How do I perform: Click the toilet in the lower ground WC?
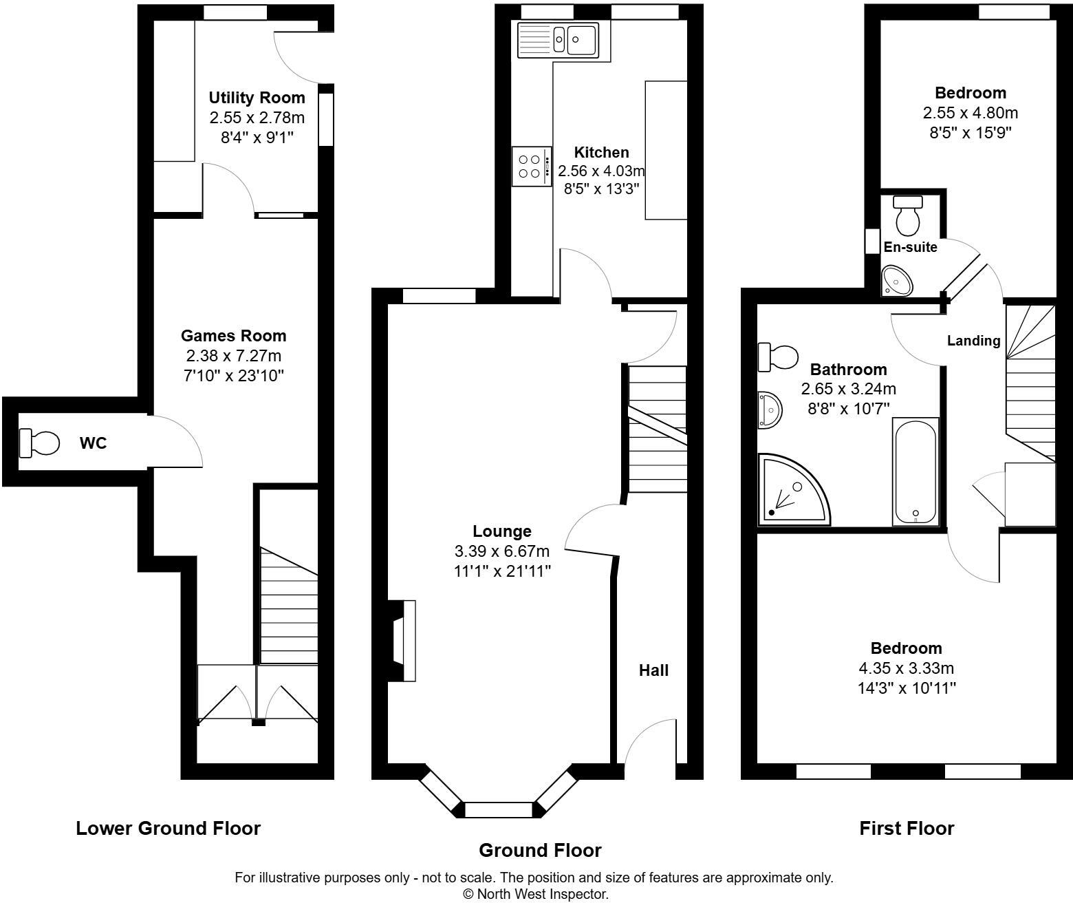pyautogui.click(x=39, y=443)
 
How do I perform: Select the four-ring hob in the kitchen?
pyautogui.click(x=531, y=166)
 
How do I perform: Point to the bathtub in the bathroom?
pyautogui.click(x=915, y=471)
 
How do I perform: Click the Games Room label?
pyautogui.click(x=233, y=336)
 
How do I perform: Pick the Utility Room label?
pyautogui.click(x=257, y=98)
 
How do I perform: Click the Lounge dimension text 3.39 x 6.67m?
pyautogui.click(x=501, y=551)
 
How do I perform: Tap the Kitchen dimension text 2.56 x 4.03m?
pyautogui.click(x=601, y=171)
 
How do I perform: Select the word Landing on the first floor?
pyautogui.click(x=973, y=341)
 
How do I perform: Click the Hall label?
pyautogui.click(x=653, y=670)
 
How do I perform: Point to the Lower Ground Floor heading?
pyautogui.click(x=168, y=828)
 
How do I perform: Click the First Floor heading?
pyautogui.click(x=907, y=828)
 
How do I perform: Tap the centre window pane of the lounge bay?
pyautogui.click(x=499, y=810)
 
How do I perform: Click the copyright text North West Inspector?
pyautogui.click(x=535, y=894)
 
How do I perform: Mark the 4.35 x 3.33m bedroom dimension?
pyautogui.click(x=906, y=668)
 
